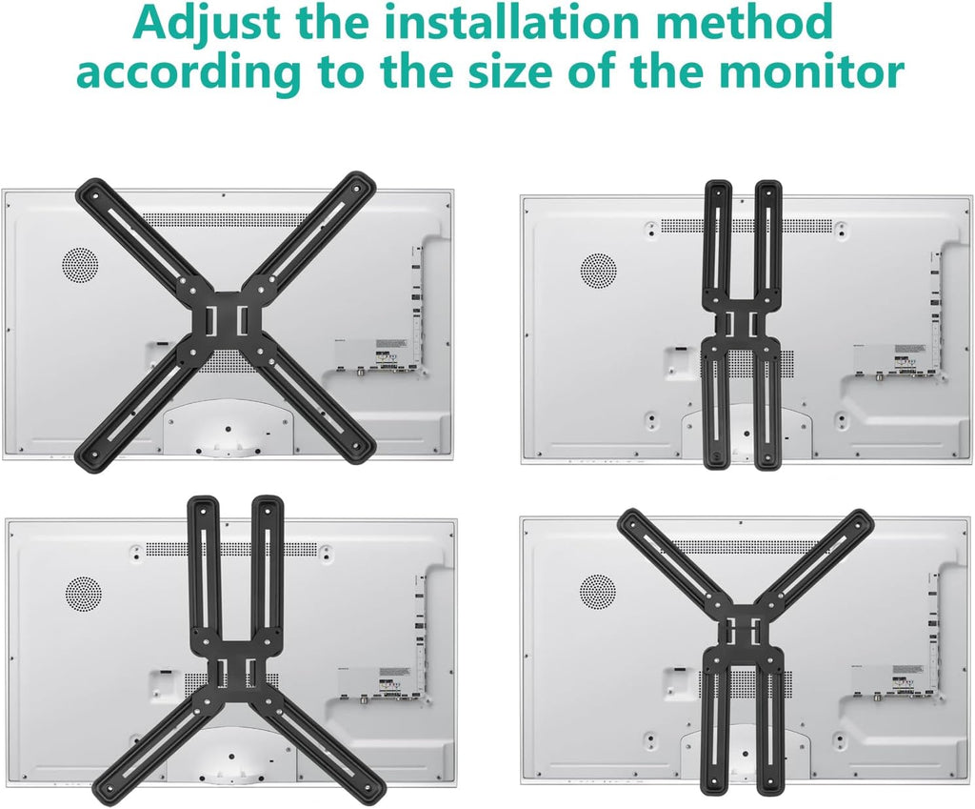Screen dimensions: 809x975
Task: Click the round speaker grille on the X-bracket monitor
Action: click(80, 265)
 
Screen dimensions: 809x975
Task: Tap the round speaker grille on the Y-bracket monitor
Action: click(597, 591)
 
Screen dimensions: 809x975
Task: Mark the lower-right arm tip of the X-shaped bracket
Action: click(359, 446)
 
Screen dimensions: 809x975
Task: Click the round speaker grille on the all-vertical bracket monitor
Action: click(597, 270)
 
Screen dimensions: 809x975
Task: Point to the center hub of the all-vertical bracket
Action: click(742, 323)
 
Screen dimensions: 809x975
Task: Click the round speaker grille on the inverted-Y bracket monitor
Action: click(83, 593)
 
